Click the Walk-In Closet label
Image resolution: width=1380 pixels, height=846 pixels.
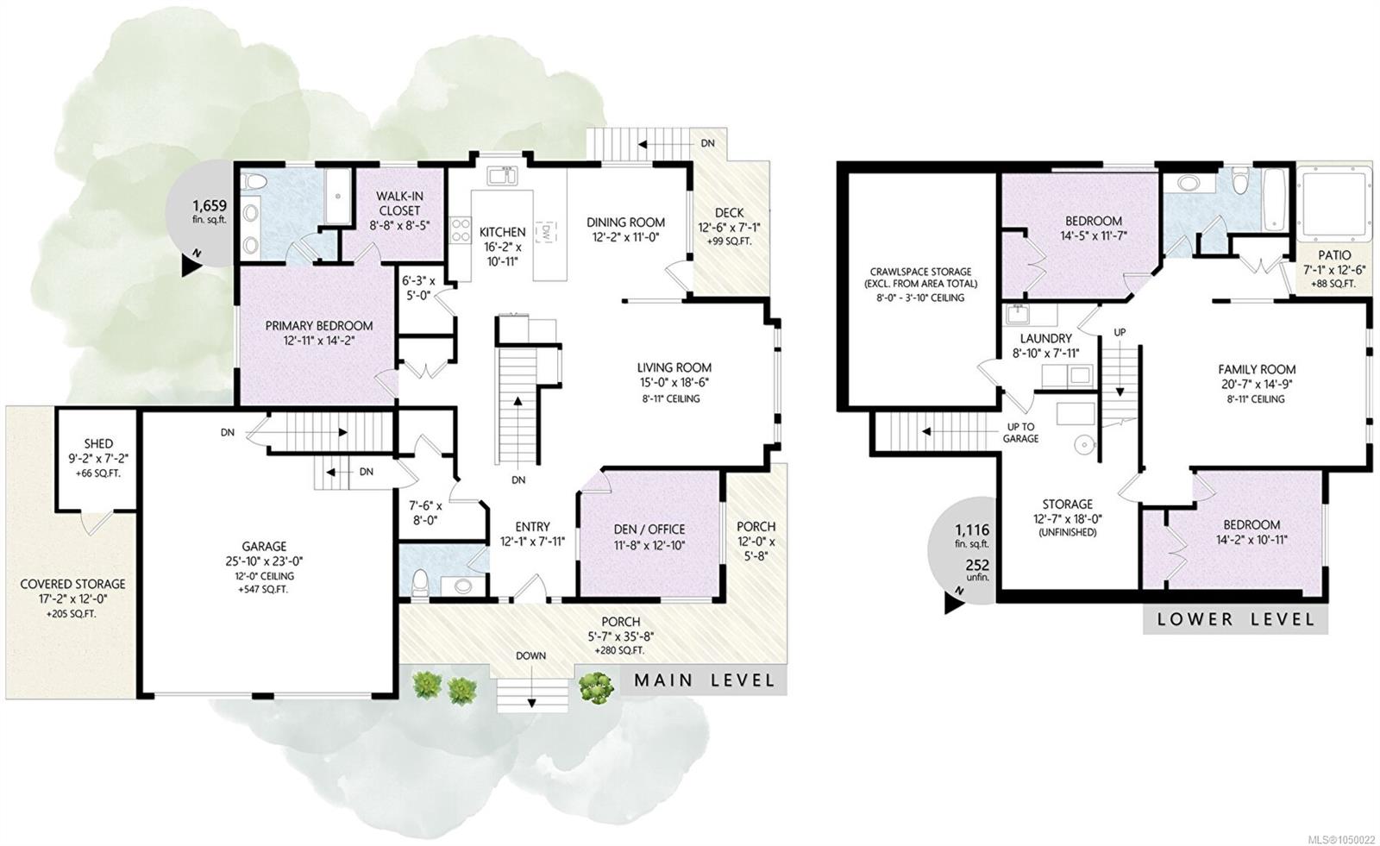[x=399, y=204]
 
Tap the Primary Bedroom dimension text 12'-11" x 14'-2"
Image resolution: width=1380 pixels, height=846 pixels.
[x=318, y=340]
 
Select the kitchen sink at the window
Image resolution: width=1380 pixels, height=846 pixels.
[x=503, y=175]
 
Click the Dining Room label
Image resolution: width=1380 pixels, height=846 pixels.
[x=625, y=222]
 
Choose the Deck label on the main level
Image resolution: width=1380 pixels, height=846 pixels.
[x=730, y=213]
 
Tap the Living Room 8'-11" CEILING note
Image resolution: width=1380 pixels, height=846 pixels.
[x=670, y=398]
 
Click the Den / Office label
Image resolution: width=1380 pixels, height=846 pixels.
[x=649, y=530]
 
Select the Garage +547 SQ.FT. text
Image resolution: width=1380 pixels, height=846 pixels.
[x=264, y=590]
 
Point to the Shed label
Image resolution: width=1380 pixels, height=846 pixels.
[x=98, y=443]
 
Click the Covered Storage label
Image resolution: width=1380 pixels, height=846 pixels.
[x=72, y=584]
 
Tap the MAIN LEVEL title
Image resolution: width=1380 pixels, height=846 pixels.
[x=704, y=680]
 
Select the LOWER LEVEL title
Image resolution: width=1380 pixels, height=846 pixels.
[x=1235, y=619]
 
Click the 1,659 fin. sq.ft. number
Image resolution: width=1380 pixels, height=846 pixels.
[x=210, y=206]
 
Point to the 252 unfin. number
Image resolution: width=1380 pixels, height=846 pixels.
[x=976, y=565]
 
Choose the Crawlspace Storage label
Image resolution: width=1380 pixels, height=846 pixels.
[x=920, y=272]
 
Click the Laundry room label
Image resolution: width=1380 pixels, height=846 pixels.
[x=1046, y=338]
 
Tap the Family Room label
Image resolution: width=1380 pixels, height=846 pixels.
[x=1257, y=370]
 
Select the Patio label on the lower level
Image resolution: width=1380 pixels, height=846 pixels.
[x=1334, y=255]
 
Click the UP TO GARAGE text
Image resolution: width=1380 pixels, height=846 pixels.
[x=1021, y=433]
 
